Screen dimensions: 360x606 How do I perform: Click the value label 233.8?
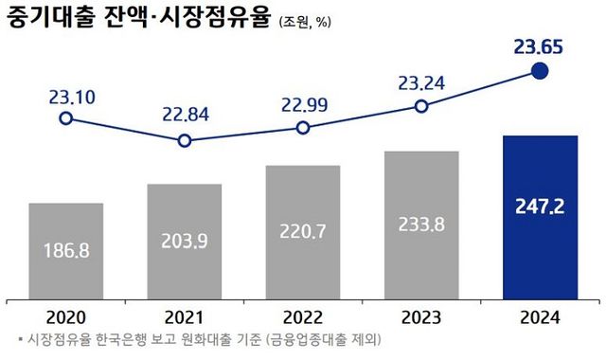tap(421, 226)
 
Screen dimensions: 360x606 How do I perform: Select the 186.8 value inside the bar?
tap(66, 251)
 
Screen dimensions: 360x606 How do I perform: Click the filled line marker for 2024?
tap(540, 71)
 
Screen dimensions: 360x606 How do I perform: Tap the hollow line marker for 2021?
tap(185, 141)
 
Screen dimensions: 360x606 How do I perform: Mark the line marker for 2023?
tap(421, 107)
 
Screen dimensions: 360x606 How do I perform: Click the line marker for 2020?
tap(65, 118)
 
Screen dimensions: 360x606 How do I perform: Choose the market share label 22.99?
tap(303, 102)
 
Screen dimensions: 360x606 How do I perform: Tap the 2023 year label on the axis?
tap(421, 318)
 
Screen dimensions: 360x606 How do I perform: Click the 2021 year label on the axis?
tap(185, 318)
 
